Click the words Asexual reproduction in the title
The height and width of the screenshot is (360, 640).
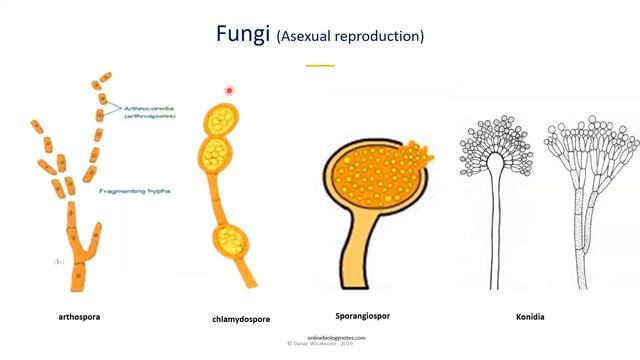tap(350, 36)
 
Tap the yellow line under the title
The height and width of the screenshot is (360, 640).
tap(320, 66)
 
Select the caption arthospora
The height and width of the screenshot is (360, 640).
tap(79, 316)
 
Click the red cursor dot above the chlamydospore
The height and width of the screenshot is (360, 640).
tap(229, 91)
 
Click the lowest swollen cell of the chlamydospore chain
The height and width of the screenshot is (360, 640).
tap(229, 241)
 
